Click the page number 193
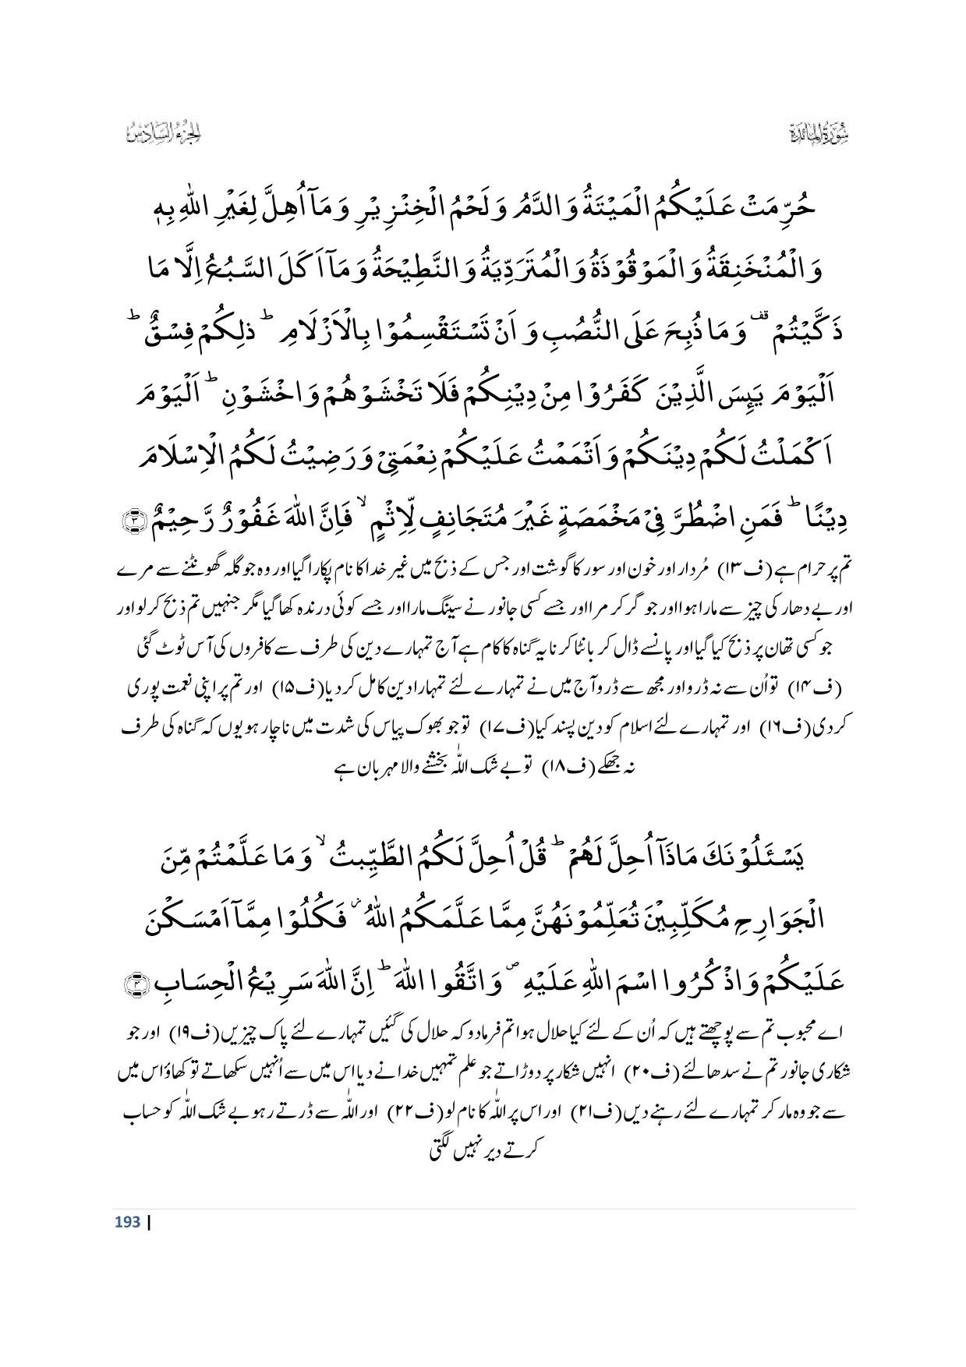pos(127,1221)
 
